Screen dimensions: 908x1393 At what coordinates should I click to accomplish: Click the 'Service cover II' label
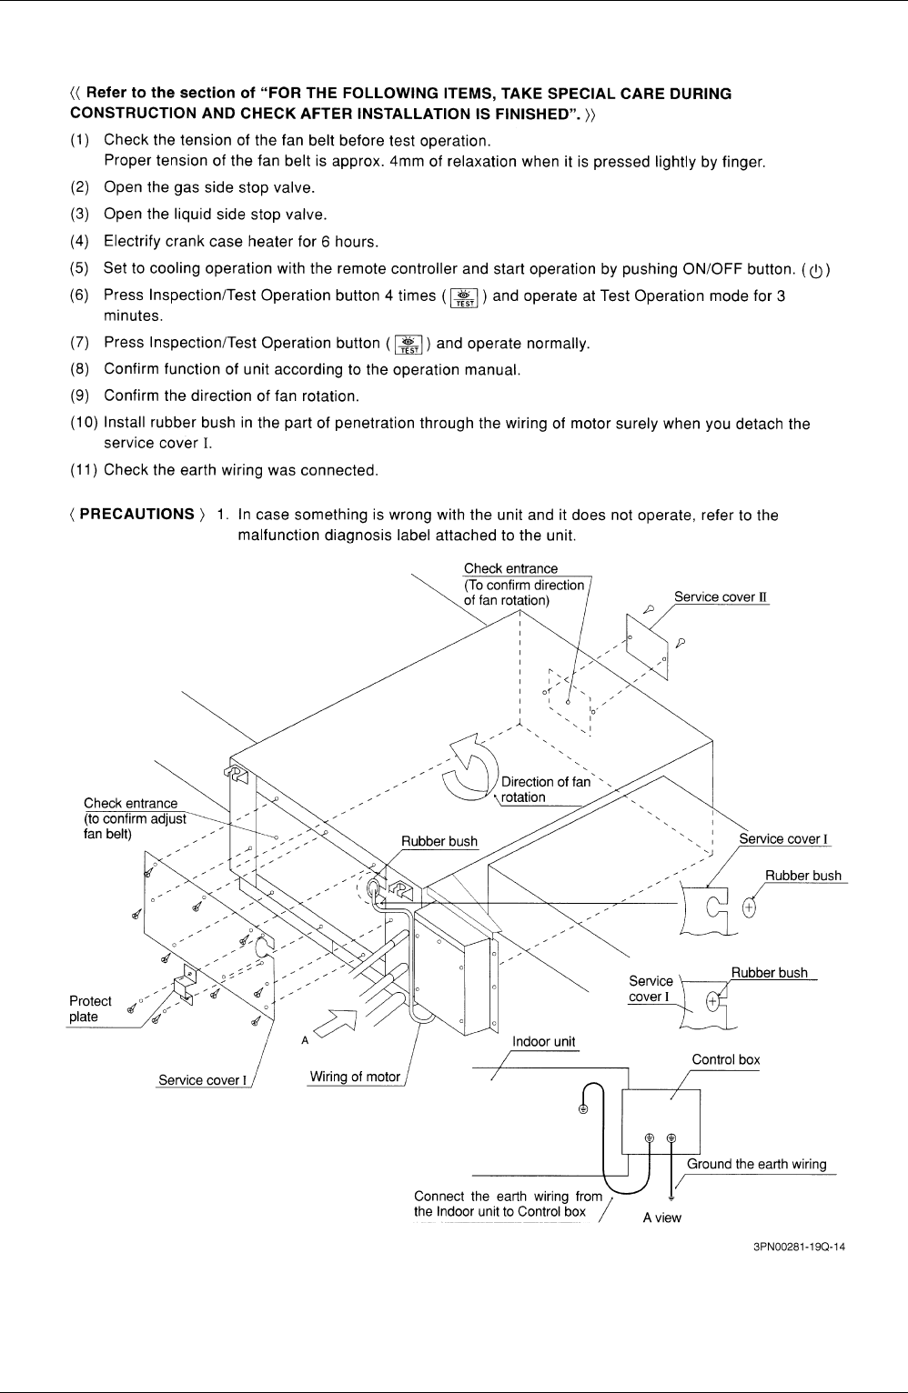pyautogui.click(x=721, y=597)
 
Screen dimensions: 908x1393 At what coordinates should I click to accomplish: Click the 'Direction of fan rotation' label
pyautogui.click(x=546, y=789)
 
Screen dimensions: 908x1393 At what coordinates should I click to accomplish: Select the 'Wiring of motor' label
pyautogui.click(x=355, y=1077)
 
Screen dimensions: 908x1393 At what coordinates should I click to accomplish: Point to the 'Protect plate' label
pyautogui.click(x=90, y=1008)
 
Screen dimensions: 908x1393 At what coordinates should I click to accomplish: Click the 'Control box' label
pyautogui.click(x=726, y=1059)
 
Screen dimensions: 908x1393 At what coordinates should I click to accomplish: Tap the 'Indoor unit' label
pyautogui.click(x=543, y=1042)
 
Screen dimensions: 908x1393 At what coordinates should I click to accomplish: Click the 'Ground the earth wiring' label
pyautogui.click(x=756, y=1164)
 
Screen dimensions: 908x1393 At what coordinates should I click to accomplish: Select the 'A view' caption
pyautogui.click(x=661, y=1218)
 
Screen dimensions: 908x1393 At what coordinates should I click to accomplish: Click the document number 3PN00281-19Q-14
pyautogui.click(x=799, y=1247)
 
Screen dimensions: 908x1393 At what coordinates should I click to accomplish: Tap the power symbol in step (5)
pyautogui.click(x=816, y=271)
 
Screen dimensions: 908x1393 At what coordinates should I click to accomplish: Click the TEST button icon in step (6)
pyautogui.click(x=464, y=297)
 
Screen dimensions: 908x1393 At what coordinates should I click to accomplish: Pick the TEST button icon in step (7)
pyautogui.click(x=409, y=345)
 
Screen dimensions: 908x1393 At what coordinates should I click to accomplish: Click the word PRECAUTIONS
pyautogui.click(x=136, y=515)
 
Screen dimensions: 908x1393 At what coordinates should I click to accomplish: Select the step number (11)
pyautogui.click(x=84, y=470)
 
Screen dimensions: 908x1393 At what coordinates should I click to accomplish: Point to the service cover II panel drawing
pyautogui.click(x=647, y=646)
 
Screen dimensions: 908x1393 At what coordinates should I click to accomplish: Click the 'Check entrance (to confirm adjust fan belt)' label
pyautogui.click(x=135, y=818)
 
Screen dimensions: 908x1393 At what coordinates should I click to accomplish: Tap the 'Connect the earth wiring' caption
pyautogui.click(x=508, y=1204)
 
